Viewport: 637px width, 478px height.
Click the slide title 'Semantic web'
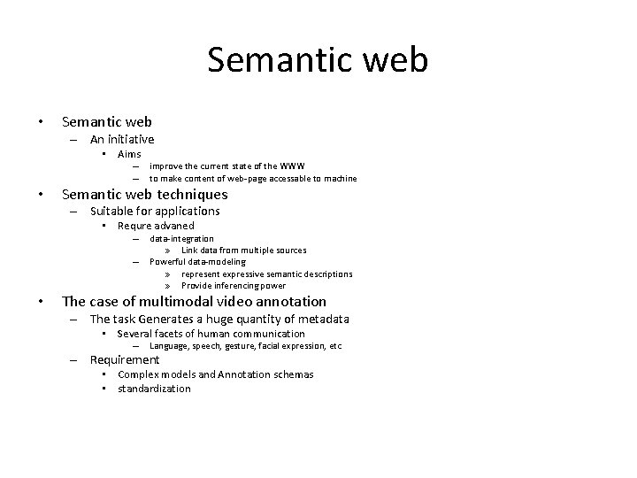tap(318, 60)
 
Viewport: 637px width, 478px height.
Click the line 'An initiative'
tap(121, 139)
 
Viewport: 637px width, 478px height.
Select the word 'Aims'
tap(129, 154)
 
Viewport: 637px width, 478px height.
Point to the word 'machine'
tap(339, 178)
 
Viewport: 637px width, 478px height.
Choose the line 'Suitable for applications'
tap(154, 211)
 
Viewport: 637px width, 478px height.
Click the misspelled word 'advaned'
tap(175, 226)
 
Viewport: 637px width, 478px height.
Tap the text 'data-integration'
tap(181, 238)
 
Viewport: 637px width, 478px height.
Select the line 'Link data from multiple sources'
tap(244, 251)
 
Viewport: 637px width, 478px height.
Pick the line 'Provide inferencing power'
tap(234, 286)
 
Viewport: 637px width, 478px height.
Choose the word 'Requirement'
tap(125, 359)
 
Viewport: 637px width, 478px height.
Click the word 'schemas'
tap(294, 374)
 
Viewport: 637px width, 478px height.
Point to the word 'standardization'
tap(154, 389)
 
